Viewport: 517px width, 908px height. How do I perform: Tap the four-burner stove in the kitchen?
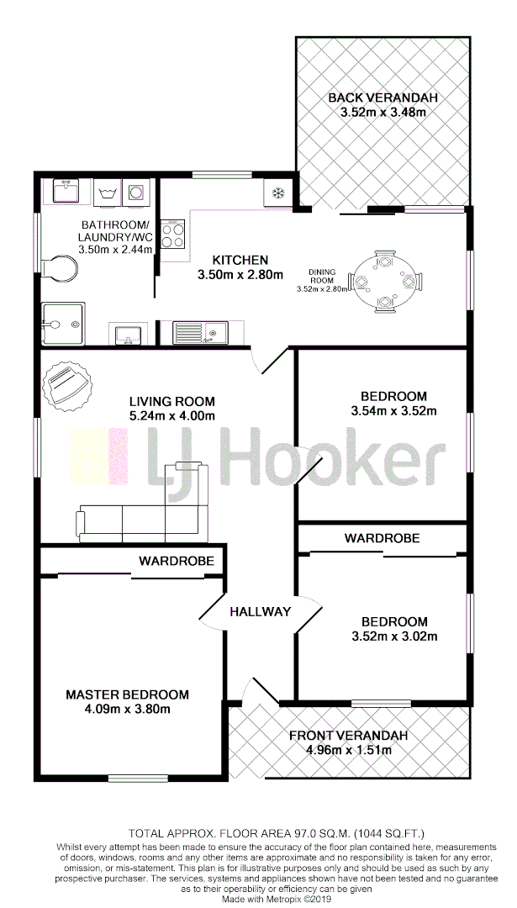click(173, 234)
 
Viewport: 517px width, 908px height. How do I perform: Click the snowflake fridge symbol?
click(275, 193)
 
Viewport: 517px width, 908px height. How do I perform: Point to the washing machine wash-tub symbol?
click(108, 193)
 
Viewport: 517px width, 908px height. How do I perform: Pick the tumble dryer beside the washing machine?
click(137, 193)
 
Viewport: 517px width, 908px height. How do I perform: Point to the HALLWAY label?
click(261, 611)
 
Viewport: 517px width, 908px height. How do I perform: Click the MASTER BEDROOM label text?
click(128, 694)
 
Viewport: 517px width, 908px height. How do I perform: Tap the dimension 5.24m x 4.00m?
click(171, 415)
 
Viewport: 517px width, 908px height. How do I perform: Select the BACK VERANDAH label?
click(382, 98)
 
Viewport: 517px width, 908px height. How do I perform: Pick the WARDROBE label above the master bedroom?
click(177, 560)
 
